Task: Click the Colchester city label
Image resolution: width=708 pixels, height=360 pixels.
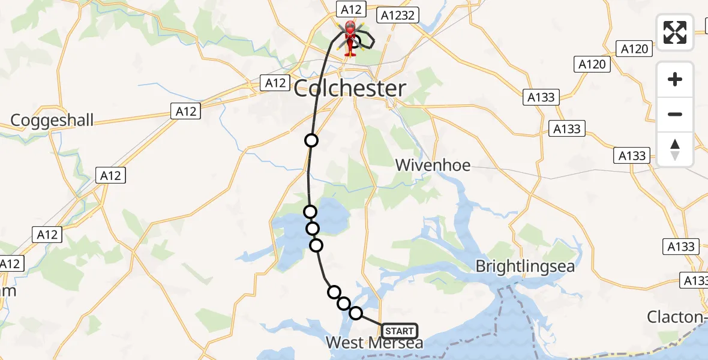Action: [349, 89]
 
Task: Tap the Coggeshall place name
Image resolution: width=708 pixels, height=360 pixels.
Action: [52, 121]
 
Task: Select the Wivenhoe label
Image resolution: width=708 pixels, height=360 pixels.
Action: [433, 165]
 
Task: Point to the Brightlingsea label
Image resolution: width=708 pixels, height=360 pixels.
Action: [525, 266]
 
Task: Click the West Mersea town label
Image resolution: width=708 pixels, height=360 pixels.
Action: [374, 343]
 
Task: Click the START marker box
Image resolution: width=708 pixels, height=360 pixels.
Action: [399, 331]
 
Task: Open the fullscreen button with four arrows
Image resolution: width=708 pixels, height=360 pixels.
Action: [675, 32]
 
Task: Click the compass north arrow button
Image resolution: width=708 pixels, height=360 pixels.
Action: [675, 149]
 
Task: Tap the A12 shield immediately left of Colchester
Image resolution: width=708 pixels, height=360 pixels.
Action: [275, 83]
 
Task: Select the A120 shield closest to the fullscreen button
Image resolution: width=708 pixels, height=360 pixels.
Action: [634, 49]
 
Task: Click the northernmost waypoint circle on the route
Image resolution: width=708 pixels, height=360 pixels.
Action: [311, 140]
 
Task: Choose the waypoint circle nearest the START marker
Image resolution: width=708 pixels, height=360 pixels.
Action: [356, 313]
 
